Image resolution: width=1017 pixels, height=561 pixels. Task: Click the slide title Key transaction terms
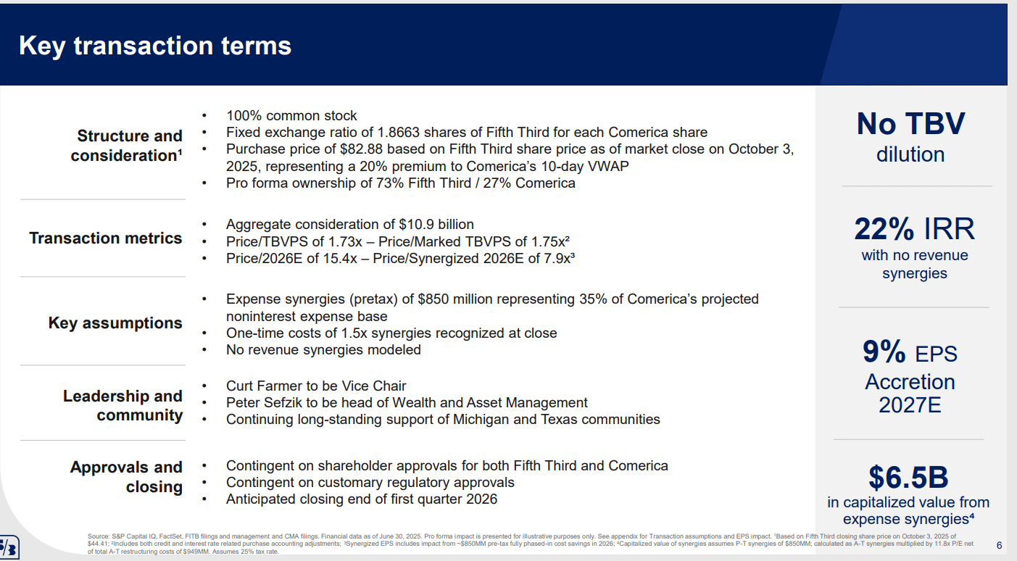coord(155,46)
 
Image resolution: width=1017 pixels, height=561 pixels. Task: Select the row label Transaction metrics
coord(106,238)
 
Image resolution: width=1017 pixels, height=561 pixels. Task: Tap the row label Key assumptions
coord(115,323)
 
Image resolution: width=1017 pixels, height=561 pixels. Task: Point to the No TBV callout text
coord(910,124)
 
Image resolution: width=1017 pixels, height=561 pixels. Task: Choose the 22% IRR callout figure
coord(914,229)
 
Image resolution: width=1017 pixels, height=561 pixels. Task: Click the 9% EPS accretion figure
coord(884,352)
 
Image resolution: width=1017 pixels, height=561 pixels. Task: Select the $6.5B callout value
coord(908,477)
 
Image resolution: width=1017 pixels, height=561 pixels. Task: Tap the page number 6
coord(999,545)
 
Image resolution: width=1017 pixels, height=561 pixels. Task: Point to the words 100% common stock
coord(291,116)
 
